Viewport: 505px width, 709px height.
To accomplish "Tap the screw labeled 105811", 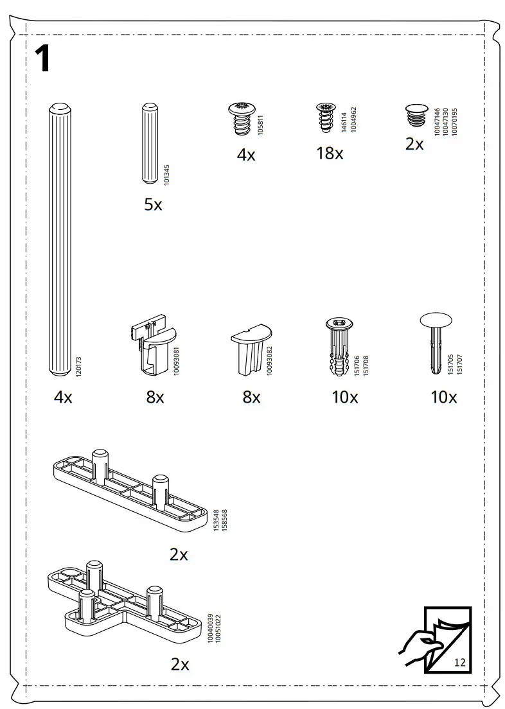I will coord(242,119).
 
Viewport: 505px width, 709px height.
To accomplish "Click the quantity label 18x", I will coord(330,154).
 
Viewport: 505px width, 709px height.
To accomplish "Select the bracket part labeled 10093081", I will coord(149,347).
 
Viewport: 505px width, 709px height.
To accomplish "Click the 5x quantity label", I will coord(153,205).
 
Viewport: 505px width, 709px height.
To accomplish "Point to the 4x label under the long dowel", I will coord(63,398).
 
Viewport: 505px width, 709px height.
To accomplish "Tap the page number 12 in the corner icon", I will coord(459,662).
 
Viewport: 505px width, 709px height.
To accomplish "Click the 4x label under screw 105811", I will coord(246,155).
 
